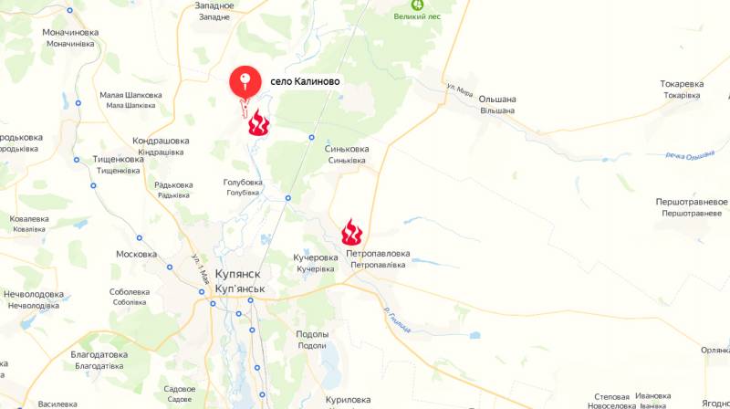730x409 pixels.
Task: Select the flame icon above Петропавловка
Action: tap(352, 232)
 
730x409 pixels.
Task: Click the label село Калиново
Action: tap(305, 81)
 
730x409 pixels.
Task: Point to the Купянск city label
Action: tap(240, 275)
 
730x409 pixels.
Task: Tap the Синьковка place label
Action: tap(347, 148)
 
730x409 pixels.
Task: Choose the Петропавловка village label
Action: tap(378, 253)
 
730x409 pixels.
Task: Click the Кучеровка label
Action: tap(316, 257)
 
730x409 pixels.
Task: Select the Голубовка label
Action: tap(243, 182)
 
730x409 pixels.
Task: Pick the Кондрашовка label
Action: tap(161, 141)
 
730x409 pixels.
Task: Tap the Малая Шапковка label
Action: tap(130, 95)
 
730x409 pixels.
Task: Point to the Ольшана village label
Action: tap(498, 100)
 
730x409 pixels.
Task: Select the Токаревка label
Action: tap(682, 84)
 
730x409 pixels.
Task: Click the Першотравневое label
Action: tap(692, 201)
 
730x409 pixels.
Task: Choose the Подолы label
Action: tap(312, 334)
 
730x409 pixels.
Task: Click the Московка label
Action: tap(137, 254)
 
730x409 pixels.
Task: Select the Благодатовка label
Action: tap(99, 354)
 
